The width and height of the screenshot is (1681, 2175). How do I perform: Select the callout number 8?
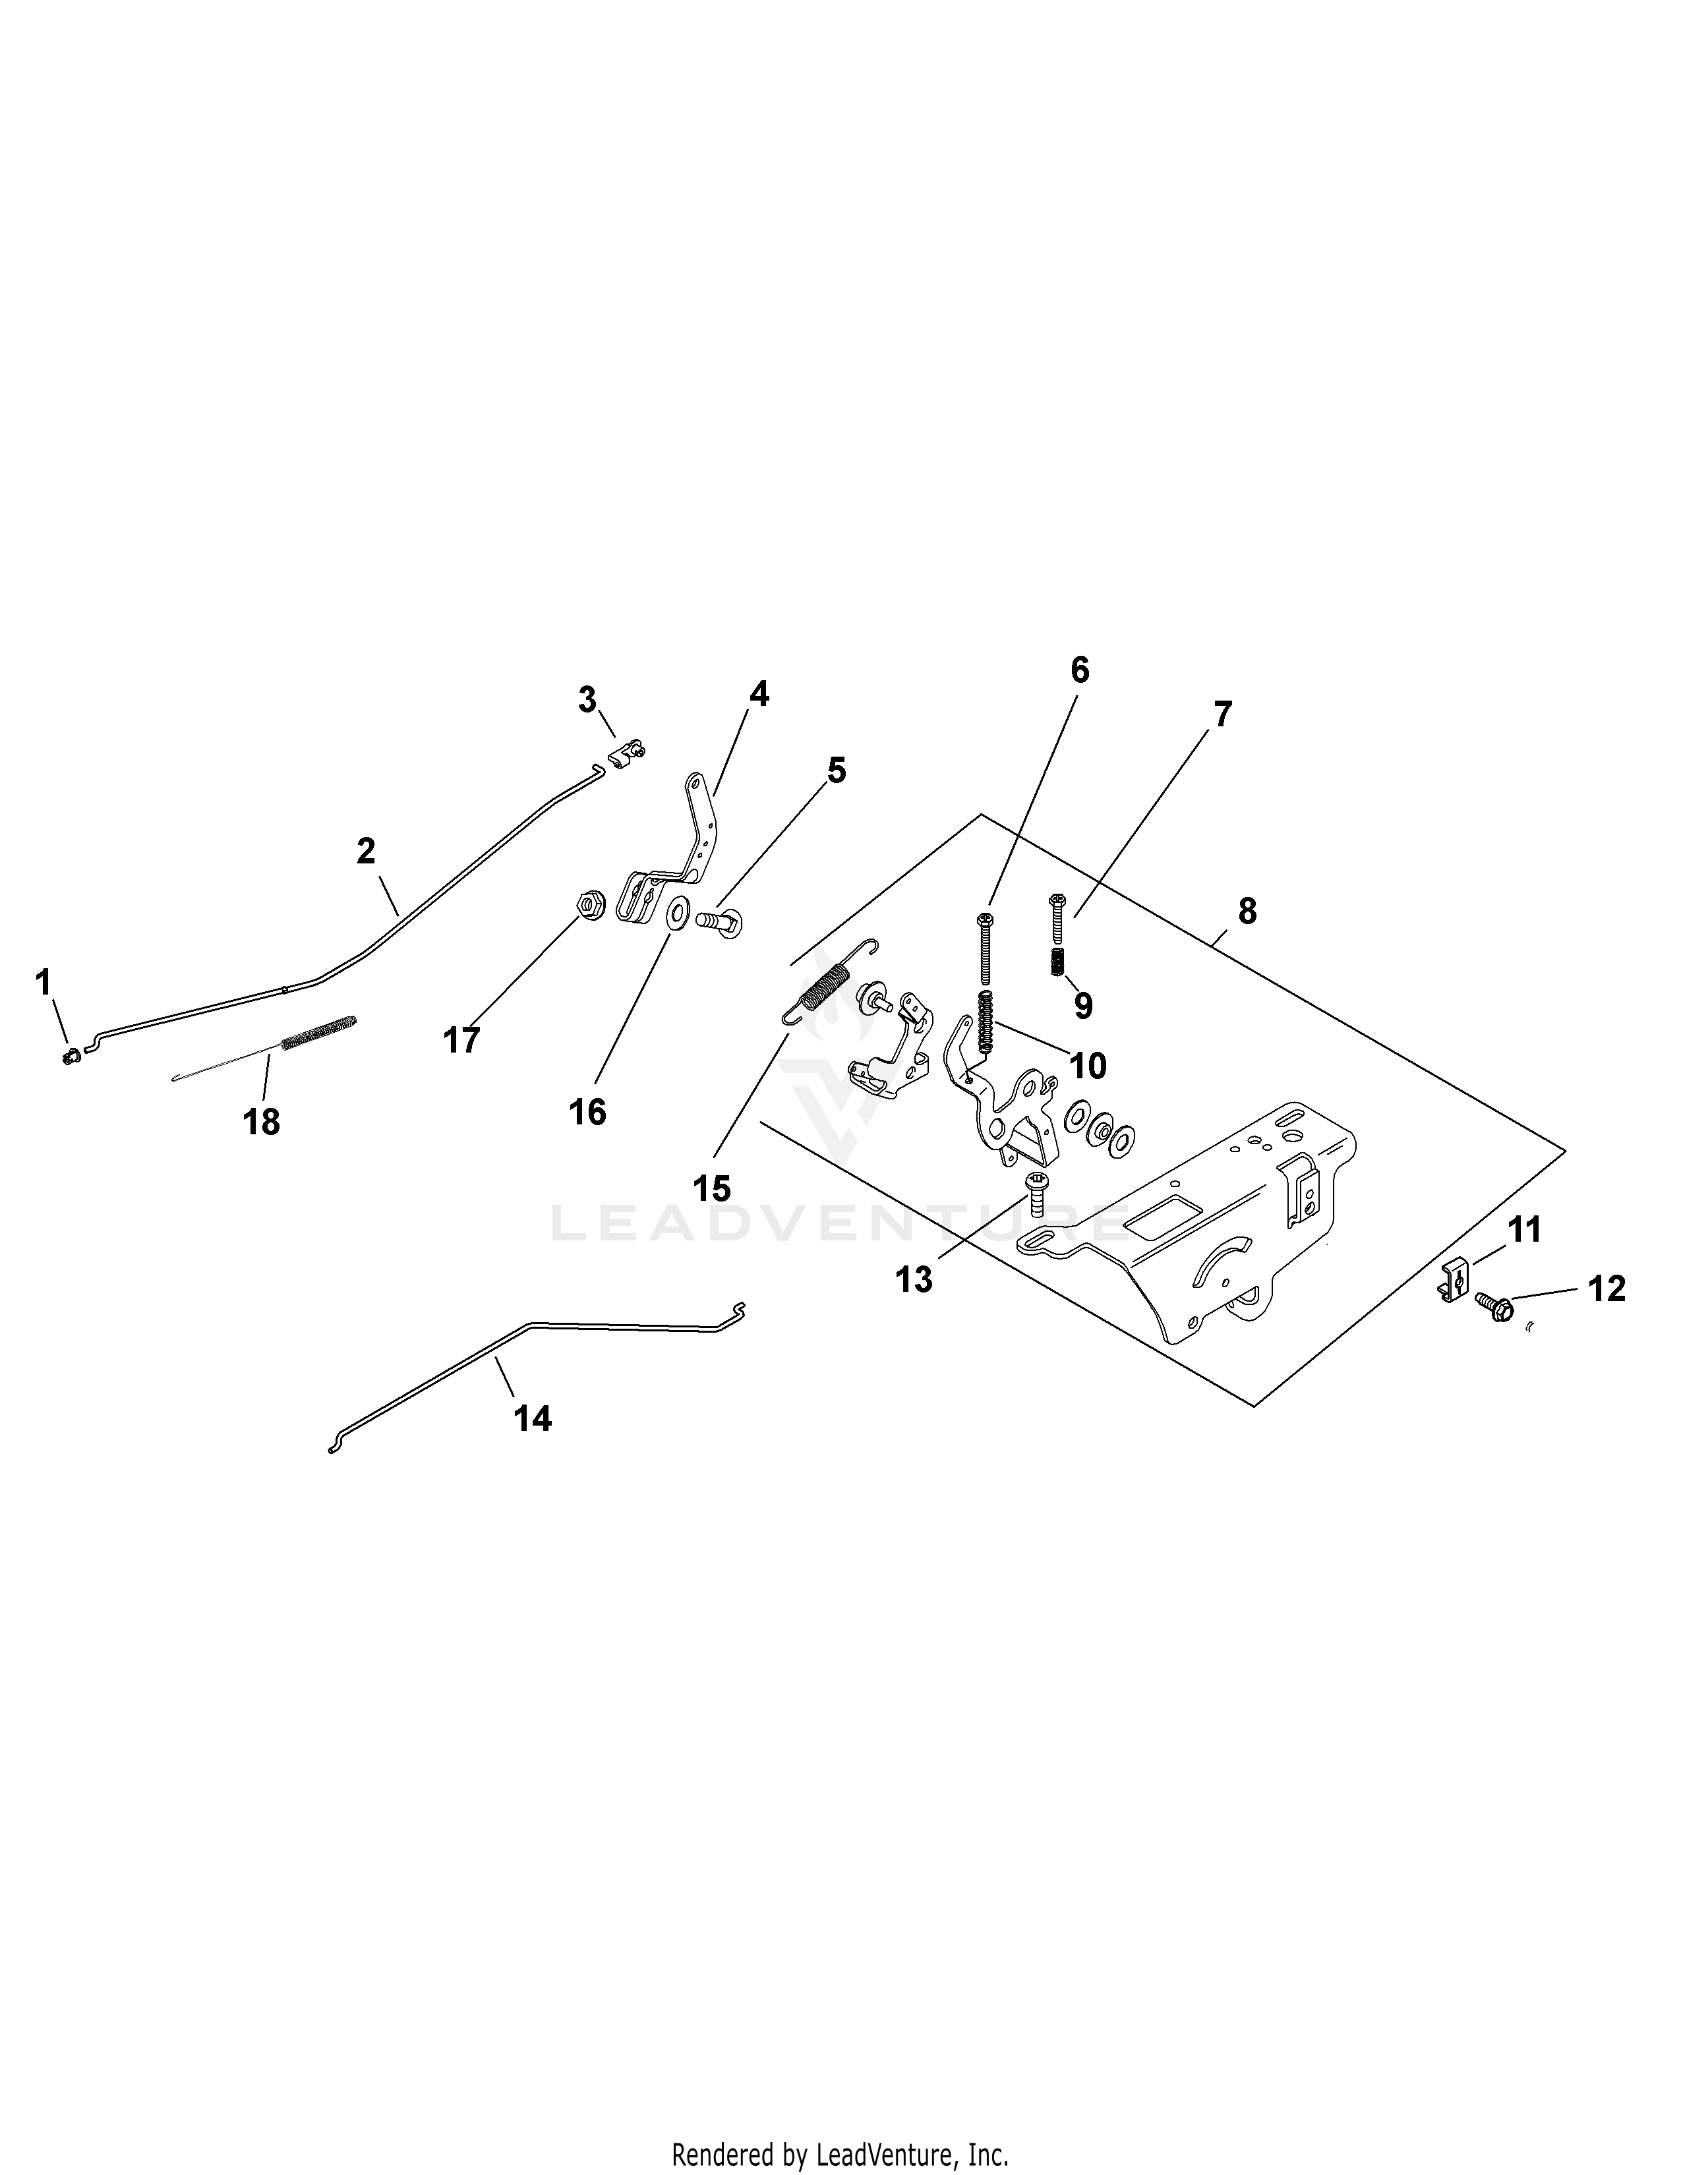pos(1247,912)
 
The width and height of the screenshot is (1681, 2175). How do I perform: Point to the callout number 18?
pos(262,1122)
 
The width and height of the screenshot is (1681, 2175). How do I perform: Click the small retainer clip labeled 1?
pos(70,1057)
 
